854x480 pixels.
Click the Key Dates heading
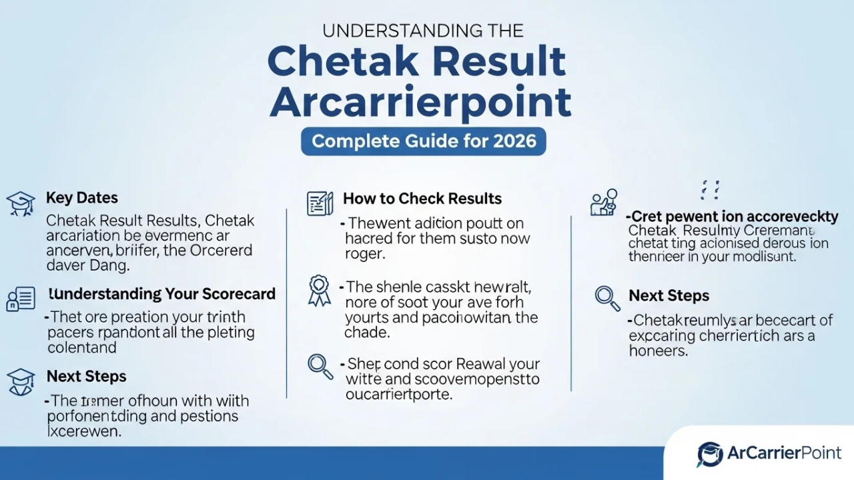pyautogui.click(x=81, y=198)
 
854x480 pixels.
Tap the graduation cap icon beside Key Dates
pyautogui.click(x=20, y=203)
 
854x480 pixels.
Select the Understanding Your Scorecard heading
pyautogui.click(x=161, y=294)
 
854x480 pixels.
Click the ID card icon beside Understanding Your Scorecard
pyautogui.click(x=20, y=299)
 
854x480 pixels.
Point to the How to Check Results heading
pyautogui.click(x=422, y=199)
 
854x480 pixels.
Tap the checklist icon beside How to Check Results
pyautogui.click(x=320, y=203)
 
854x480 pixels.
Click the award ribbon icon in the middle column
pyautogui.click(x=320, y=291)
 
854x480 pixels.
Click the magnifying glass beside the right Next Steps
pyautogui.click(x=607, y=298)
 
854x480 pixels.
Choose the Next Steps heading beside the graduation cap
pyautogui.click(x=86, y=377)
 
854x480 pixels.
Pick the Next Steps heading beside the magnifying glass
pyautogui.click(x=669, y=295)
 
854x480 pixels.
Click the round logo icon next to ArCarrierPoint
pyautogui.click(x=710, y=454)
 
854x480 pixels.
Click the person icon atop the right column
pyautogui.click(x=604, y=202)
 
